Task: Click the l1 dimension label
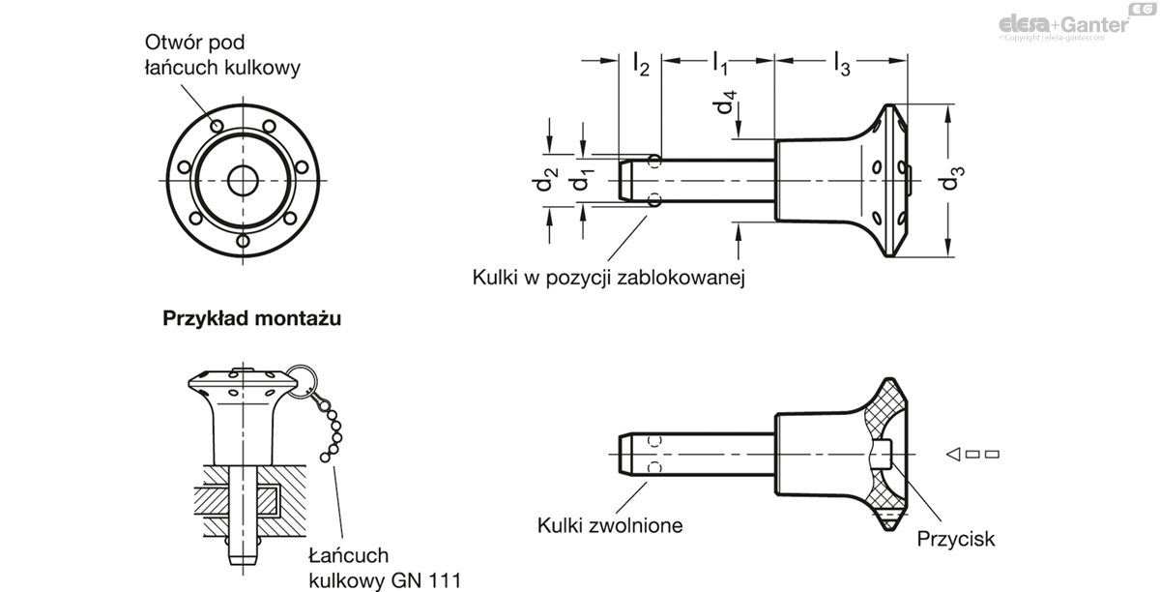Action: (x=721, y=64)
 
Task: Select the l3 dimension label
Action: (x=842, y=65)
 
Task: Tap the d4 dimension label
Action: (x=728, y=102)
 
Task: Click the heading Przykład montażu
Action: (x=252, y=317)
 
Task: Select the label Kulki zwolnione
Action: (x=610, y=525)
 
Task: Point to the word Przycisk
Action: (x=956, y=539)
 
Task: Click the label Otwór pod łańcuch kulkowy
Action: (x=222, y=55)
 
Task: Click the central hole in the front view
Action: (x=241, y=180)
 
